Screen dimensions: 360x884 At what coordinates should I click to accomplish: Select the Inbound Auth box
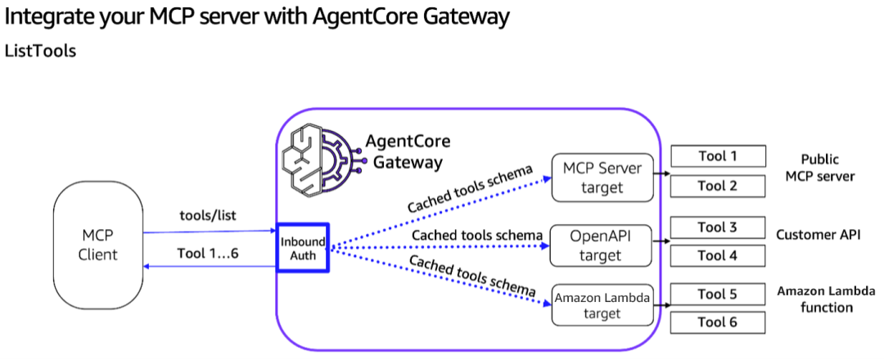[x=302, y=248]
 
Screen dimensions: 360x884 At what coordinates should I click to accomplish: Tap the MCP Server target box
[x=603, y=178]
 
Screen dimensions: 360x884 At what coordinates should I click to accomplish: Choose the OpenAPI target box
[x=603, y=245]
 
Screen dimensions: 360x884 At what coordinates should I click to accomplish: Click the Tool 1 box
[x=718, y=155]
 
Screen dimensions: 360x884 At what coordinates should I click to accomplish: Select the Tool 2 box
[x=718, y=187]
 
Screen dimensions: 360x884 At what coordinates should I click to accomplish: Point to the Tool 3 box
[x=718, y=227]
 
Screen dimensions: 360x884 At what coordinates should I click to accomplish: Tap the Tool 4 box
[x=718, y=255]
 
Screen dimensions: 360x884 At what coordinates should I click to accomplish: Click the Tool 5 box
[x=718, y=294]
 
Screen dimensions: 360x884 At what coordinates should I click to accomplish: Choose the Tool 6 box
[x=718, y=322]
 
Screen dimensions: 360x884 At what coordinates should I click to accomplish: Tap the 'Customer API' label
[x=819, y=235]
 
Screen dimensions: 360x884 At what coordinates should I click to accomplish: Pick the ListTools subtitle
[x=41, y=51]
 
